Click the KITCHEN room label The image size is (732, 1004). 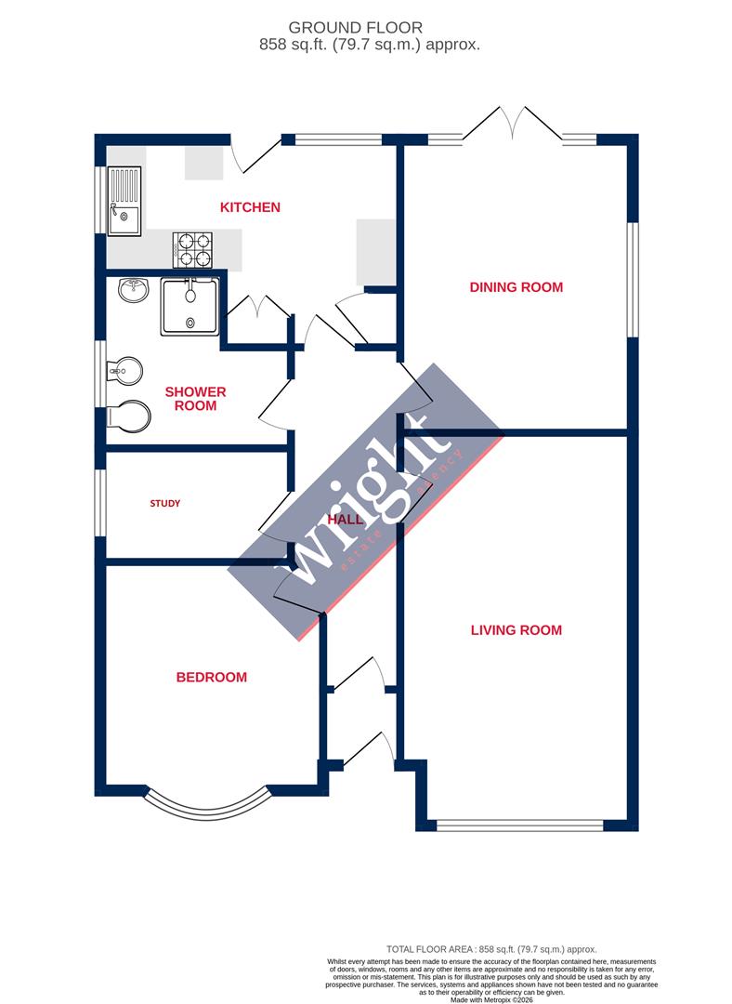point(250,207)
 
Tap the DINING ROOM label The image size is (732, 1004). point(516,287)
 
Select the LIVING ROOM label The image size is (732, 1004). point(516,630)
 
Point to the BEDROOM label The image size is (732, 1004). point(212,678)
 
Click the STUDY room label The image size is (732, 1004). point(165,504)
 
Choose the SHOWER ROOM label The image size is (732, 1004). point(194,399)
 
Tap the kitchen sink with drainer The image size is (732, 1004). point(124,200)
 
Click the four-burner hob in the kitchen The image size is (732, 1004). point(192,249)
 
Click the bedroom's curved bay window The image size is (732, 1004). point(208,805)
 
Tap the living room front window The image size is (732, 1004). point(520,825)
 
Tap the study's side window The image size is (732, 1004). point(100,503)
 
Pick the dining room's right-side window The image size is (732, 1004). point(634,279)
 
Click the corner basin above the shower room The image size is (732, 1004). point(133,291)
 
